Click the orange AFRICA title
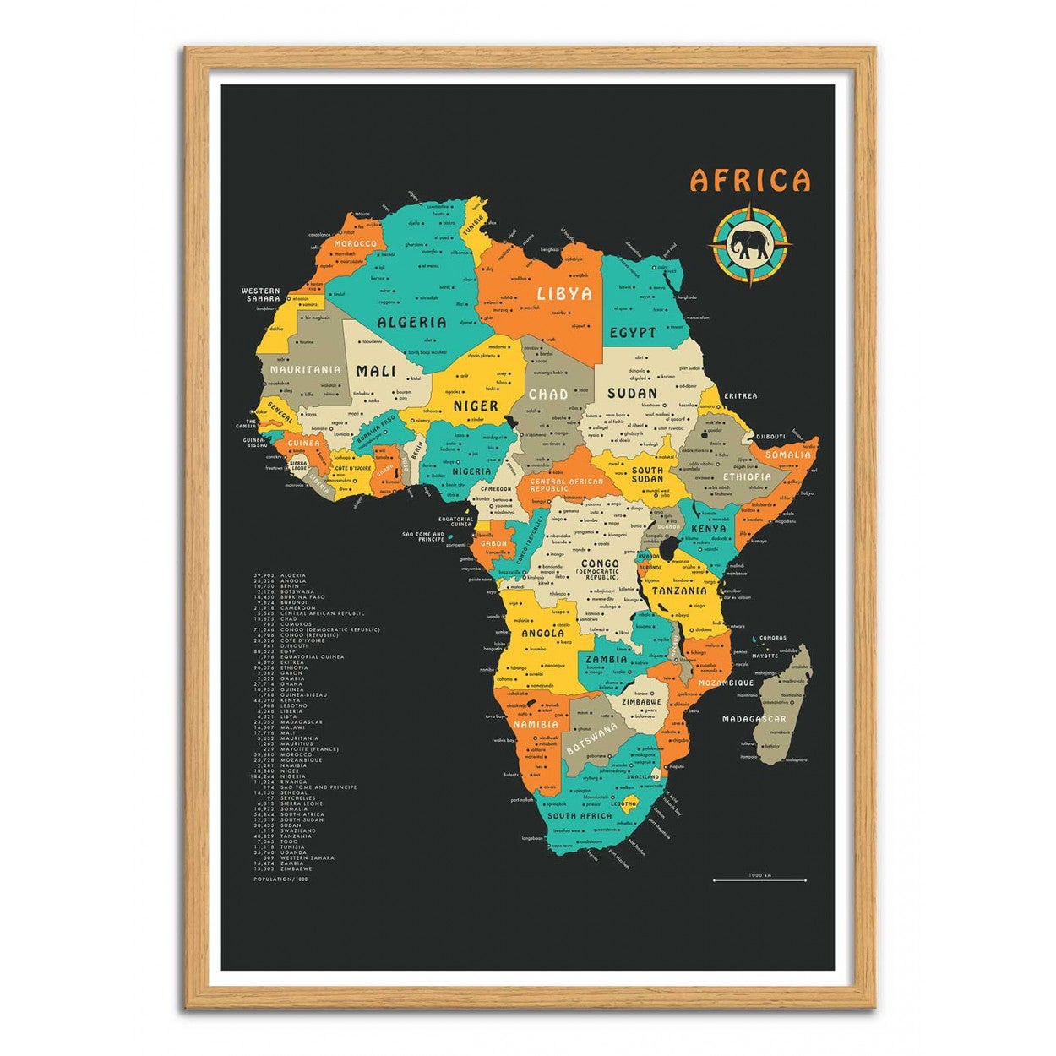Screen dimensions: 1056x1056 click(750, 180)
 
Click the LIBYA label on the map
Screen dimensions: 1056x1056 click(564, 294)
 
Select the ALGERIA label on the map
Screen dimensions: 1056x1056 click(411, 322)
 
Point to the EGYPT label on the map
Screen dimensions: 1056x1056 click(633, 332)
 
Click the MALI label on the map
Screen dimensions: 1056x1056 click(376, 371)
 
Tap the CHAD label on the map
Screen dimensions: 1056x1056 click(548, 394)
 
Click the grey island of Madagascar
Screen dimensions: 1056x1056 click(787, 701)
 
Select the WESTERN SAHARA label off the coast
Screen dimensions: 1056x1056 click(261, 295)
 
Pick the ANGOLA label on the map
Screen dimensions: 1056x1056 click(543, 633)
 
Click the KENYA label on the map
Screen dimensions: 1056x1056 click(708, 529)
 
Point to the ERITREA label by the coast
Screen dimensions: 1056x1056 click(741, 395)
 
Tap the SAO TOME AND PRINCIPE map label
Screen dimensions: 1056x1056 click(423, 536)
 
